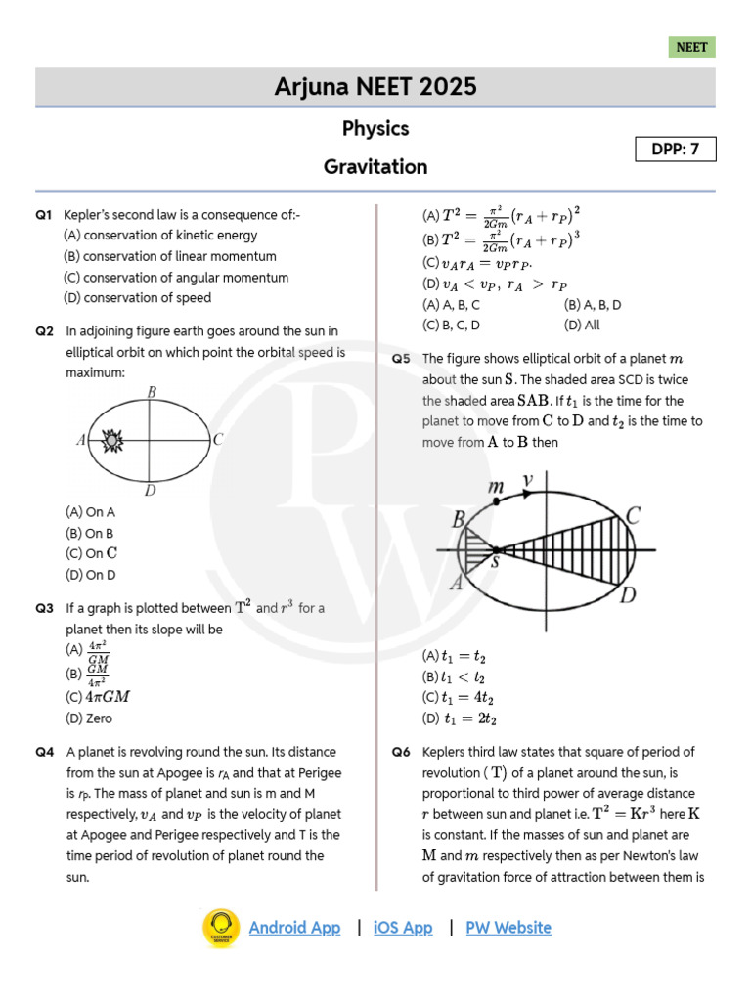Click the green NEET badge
coord(692,47)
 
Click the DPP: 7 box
coord(676,150)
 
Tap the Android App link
coord(294,928)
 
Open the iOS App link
coord(403,928)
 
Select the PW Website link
coord(508,928)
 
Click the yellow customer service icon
coord(221,928)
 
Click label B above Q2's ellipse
coord(152,393)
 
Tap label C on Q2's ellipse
coord(218,440)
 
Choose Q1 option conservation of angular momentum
coord(176,278)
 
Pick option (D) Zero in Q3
coord(89,718)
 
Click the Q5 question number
coord(401,359)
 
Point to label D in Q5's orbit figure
coord(629,594)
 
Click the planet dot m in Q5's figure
coord(497,501)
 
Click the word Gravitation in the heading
coord(375,167)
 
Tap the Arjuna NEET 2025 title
coord(375,87)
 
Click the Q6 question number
coord(401,753)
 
